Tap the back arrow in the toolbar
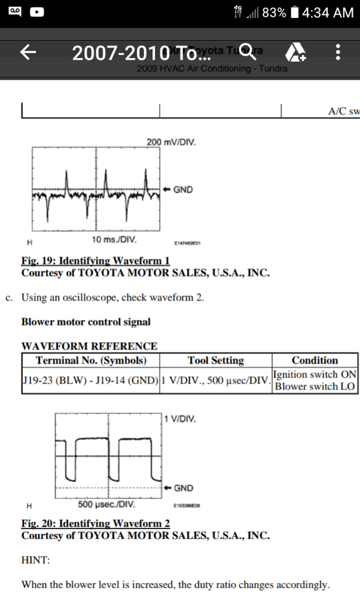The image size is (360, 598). tap(29, 53)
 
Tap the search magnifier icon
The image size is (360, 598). tap(247, 53)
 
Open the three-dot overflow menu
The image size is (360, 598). tap(338, 53)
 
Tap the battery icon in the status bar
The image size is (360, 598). tap(294, 12)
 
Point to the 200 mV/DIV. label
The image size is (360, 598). tap(170, 142)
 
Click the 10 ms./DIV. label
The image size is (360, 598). tap(114, 240)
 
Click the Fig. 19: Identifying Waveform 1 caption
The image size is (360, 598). tap(96, 261)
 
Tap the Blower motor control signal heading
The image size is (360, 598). tap(86, 322)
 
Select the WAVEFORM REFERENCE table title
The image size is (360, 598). tap(90, 346)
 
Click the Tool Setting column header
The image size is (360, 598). tap(215, 361)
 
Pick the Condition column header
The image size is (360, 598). tap(315, 361)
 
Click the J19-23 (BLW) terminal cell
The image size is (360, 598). tap(90, 380)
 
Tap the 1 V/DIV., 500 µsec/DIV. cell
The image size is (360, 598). tap(215, 380)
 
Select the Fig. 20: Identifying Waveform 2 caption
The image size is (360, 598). tap(96, 523)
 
